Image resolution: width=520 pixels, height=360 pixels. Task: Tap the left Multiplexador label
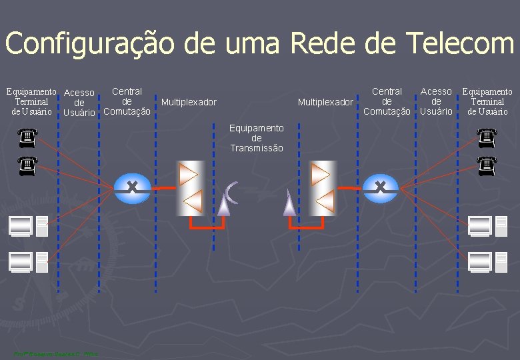pos(189,102)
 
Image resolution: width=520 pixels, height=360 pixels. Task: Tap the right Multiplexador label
pos(325,102)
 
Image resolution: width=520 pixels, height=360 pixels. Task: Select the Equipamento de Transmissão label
pos(257,138)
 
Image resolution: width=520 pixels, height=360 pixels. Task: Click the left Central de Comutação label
pos(127,101)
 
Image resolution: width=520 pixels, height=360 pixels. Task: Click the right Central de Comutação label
pos(387,101)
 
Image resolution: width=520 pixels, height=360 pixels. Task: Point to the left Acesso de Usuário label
pos(79,103)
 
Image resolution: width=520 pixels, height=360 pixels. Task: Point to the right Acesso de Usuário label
pos(436,101)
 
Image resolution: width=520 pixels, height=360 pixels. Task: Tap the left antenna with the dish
pos(227,197)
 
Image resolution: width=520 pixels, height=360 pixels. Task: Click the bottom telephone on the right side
pos(488,165)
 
